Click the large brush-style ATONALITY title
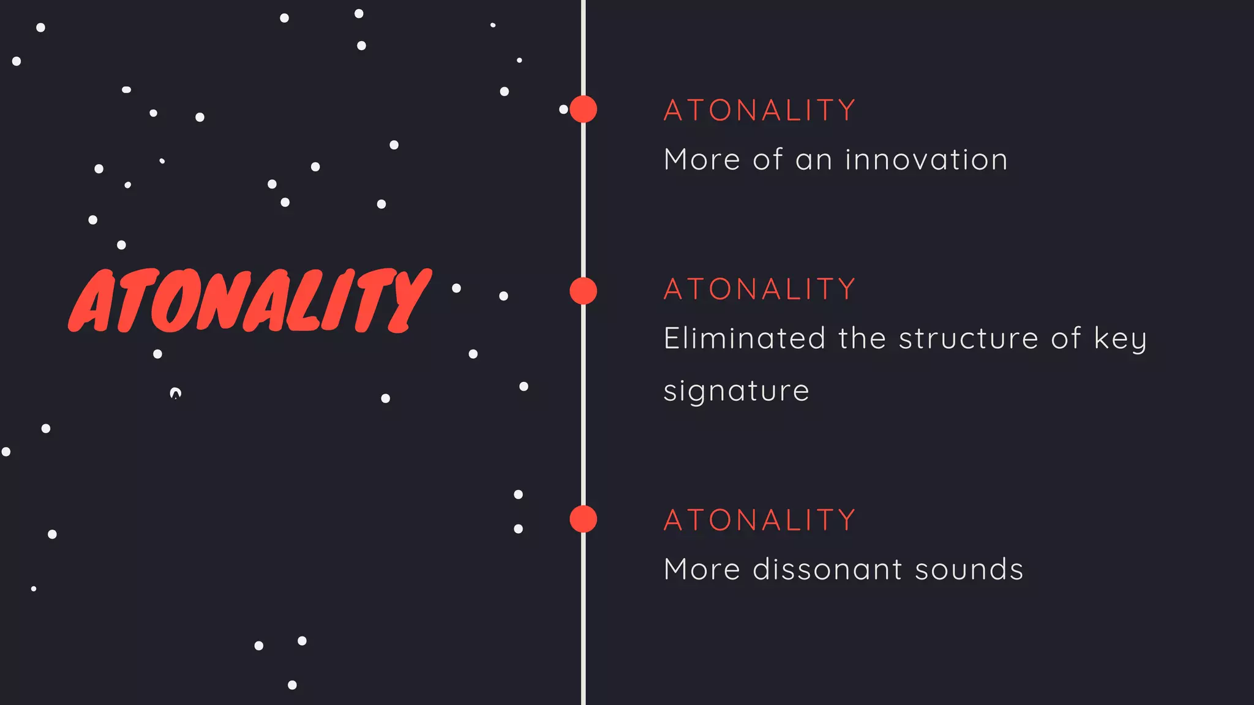(250, 301)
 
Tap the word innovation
(926, 160)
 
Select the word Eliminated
(745, 338)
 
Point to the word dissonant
(827, 570)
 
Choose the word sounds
(969, 570)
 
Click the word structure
(968, 338)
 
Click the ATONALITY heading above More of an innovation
(759, 111)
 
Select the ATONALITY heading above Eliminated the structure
(759, 289)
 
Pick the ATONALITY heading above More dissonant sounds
(759, 520)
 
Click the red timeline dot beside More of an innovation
(583, 110)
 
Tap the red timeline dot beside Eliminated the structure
(583, 291)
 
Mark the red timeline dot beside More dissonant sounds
(583, 519)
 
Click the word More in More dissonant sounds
(702, 570)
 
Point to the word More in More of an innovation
(702, 160)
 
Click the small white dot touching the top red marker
(563, 110)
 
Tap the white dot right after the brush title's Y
(456, 288)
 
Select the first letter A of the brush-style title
(92, 301)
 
